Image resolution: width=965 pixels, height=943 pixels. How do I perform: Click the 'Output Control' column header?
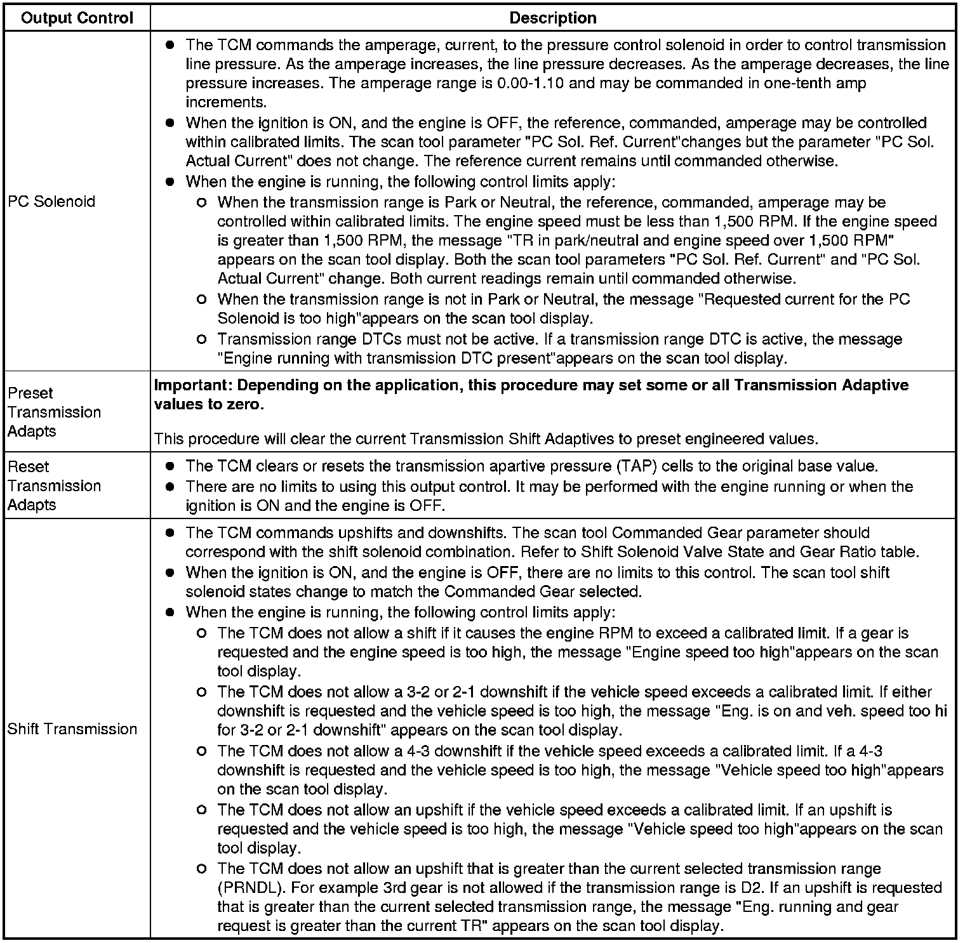tap(77, 18)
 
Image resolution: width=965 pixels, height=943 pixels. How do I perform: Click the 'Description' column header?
tap(552, 18)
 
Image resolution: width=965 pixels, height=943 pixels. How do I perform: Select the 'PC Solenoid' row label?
tap(51, 202)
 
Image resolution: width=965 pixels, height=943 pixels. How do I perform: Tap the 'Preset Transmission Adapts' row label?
tap(54, 412)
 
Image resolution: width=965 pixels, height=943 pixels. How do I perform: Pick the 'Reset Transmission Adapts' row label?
tap(54, 485)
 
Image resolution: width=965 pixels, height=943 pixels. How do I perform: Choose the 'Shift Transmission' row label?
tap(72, 729)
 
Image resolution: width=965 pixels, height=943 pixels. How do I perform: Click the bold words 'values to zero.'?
tap(209, 404)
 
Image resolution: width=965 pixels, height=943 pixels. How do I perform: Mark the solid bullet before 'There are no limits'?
tap(170, 487)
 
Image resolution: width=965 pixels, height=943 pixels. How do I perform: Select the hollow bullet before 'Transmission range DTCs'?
tap(202, 340)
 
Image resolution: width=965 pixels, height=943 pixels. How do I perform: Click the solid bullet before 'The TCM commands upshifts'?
tap(170, 533)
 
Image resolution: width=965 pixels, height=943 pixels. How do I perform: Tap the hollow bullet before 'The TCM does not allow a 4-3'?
tap(202, 751)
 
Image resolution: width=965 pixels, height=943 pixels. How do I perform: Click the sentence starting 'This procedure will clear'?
tap(486, 439)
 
